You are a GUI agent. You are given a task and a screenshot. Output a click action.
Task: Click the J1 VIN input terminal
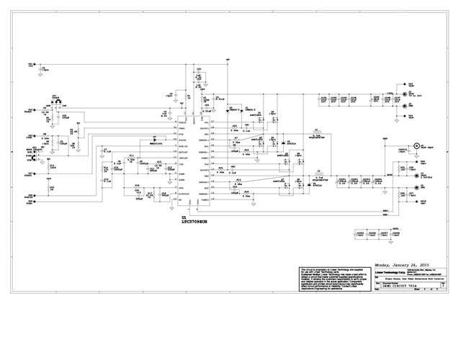(x=31, y=64)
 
